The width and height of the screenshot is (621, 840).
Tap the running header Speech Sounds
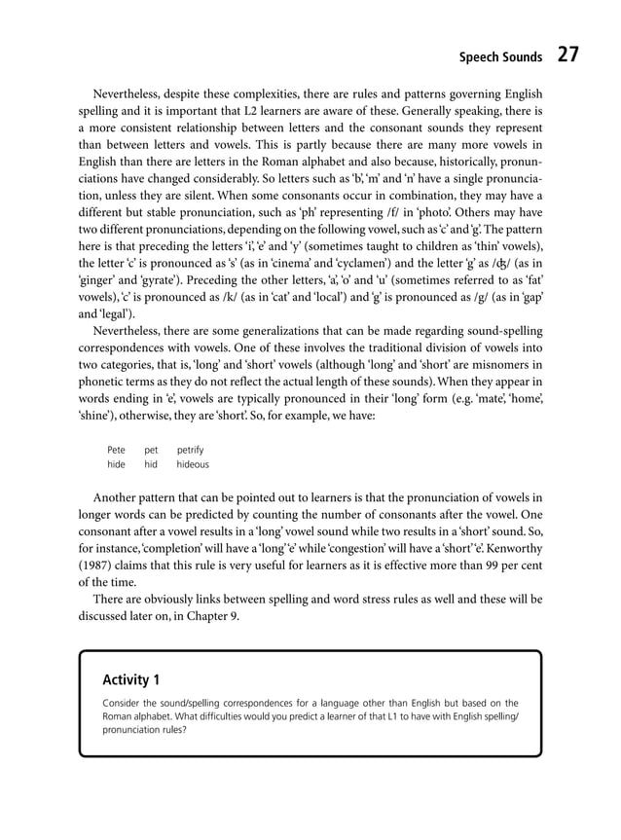(500, 57)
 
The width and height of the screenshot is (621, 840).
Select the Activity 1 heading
(131, 679)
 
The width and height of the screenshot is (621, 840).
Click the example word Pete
(116, 450)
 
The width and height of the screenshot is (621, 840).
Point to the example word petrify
(191, 450)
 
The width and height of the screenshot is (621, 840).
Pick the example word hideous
(193, 465)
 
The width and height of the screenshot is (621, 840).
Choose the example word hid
(151, 465)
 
